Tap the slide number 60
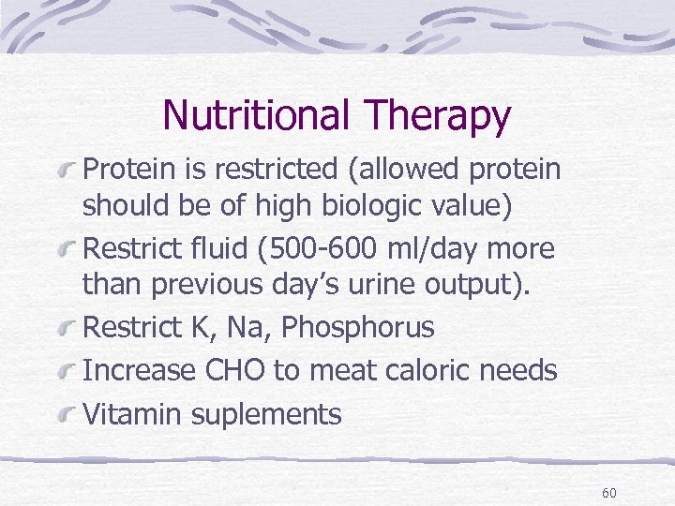click(609, 493)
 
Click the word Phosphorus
click(358, 328)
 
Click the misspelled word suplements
click(272, 415)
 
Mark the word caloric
click(427, 370)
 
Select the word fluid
click(228, 249)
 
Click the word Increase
click(140, 370)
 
